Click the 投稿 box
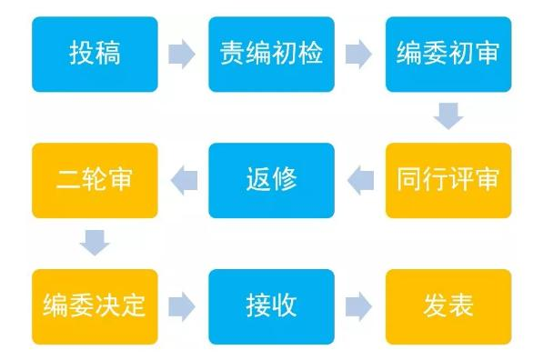95,54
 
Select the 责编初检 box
271,54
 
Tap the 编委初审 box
448,54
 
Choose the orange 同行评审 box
448,179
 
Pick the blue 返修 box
271,179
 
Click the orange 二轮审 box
95,179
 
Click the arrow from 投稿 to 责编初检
183,55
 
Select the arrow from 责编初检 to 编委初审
359,55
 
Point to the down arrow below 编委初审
448,117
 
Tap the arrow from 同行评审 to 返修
360,180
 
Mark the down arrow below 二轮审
95,243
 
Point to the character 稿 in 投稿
108,54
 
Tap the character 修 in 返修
285,179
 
